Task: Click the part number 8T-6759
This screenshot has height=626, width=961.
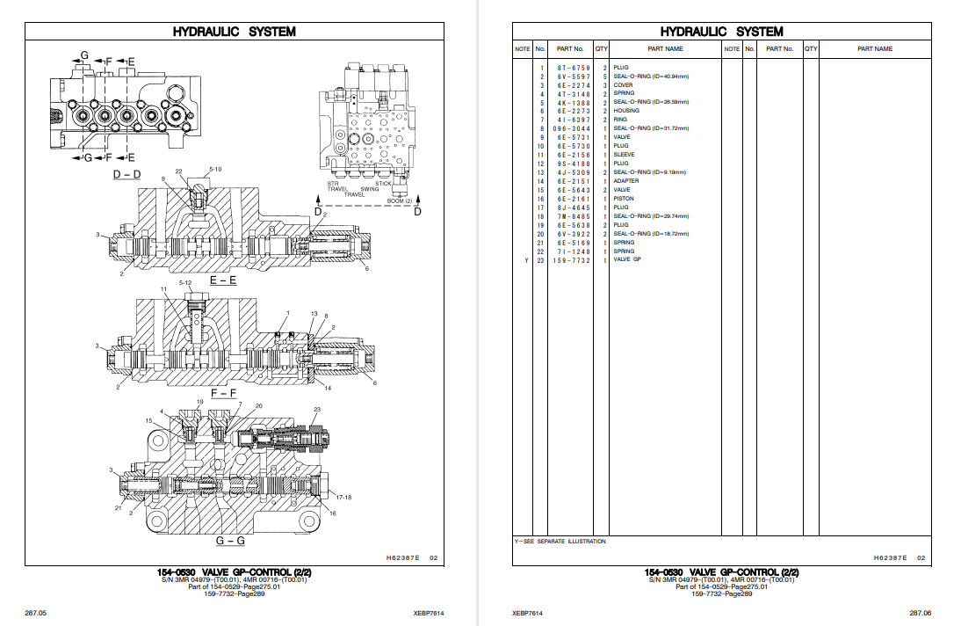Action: (574, 68)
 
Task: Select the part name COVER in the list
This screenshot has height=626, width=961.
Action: (623, 85)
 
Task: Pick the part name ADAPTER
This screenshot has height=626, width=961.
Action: (626, 181)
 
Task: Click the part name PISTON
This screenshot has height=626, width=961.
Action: (624, 199)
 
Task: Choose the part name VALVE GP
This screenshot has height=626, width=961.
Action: (627, 260)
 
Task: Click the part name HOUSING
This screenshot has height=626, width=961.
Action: (626, 111)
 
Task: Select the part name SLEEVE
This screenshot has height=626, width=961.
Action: (624, 155)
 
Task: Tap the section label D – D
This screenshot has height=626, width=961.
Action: (126, 175)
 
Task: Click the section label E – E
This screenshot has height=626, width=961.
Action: (223, 280)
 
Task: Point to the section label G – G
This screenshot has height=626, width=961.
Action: (230, 540)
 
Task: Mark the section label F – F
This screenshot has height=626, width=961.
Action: (221, 393)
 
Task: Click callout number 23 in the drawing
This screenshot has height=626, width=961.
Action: (317, 410)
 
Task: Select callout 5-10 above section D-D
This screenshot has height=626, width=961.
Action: (215, 168)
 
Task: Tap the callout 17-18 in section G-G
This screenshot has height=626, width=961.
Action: (343, 498)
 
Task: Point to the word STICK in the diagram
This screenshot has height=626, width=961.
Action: (384, 184)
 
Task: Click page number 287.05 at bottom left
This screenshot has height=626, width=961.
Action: (35, 613)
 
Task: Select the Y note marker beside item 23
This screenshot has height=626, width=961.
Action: (526, 260)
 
